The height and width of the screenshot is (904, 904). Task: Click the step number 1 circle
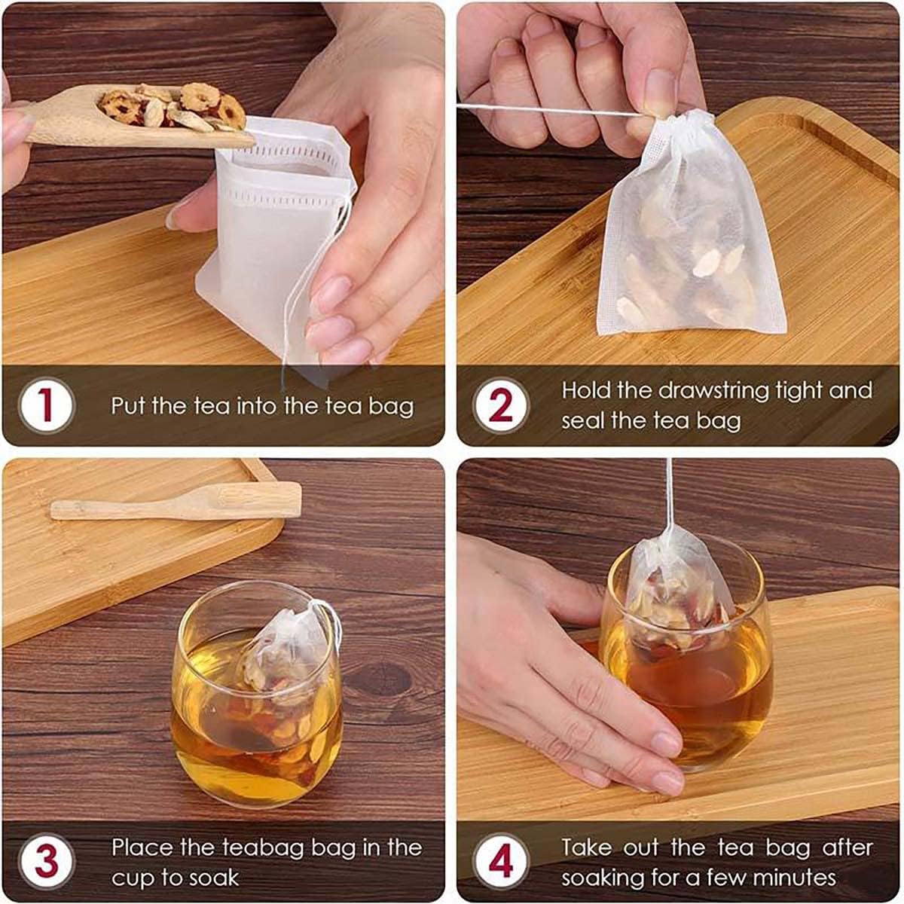pyautogui.click(x=47, y=405)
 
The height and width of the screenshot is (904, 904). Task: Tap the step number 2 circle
pyautogui.click(x=500, y=405)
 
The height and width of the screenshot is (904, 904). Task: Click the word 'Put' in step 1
pyautogui.click(x=127, y=405)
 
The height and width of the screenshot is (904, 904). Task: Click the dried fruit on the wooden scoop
pyautogui.click(x=173, y=108)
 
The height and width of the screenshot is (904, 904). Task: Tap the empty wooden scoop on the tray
pyautogui.click(x=176, y=502)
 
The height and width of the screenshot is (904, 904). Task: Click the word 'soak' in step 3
pyautogui.click(x=215, y=878)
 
